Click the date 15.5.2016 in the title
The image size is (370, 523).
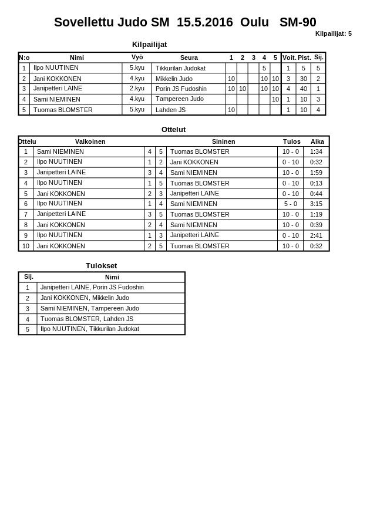pyautogui.click(x=204, y=22)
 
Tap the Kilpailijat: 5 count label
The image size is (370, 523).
pyautogui.click(x=333, y=33)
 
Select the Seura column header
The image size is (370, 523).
pyautogui.click(x=189, y=58)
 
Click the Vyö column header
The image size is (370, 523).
pyautogui.click(x=137, y=58)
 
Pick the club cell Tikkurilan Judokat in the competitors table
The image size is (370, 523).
pyautogui.click(x=180, y=68)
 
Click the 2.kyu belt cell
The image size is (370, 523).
pyautogui.click(x=137, y=89)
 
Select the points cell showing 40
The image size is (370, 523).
pyautogui.click(x=303, y=89)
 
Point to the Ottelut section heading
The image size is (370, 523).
pyautogui.click(x=173, y=130)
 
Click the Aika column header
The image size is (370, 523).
pyautogui.click(x=317, y=141)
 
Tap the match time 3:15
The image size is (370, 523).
pyautogui.click(x=316, y=204)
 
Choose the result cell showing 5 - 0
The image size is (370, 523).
pyautogui.click(x=290, y=204)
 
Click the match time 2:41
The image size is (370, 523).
pyautogui.click(x=316, y=235)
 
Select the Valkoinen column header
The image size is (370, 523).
pyautogui.click(x=90, y=141)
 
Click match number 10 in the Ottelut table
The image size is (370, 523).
pyautogui.click(x=26, y=246)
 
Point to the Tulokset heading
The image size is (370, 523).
pyautogui.click(x=101, y=265)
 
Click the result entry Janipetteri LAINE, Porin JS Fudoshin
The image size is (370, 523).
pyautogui.click(x=92, y=288)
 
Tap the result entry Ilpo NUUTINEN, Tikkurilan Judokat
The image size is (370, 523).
pyautogui.click(x=89, y=329)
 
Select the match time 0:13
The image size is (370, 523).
pyautogui.click(x=316, y=183)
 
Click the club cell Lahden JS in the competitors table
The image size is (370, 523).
pyautogui.click(x=170, y=110)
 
